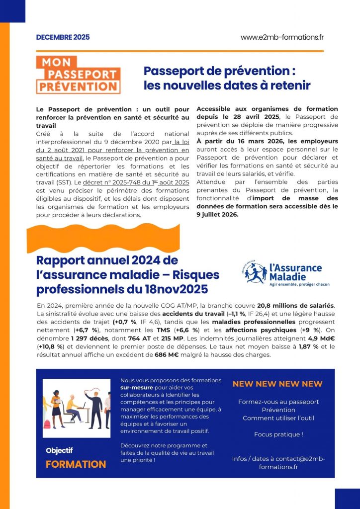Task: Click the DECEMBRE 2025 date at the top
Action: click(x=63, y=37)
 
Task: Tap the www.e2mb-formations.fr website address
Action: click(x=282, y=37)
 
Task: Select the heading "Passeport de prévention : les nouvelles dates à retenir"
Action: click(x=227, y=78)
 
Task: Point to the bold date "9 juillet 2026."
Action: click(x=218, y=215)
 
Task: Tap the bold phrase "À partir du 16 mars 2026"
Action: click(x=239, y=142)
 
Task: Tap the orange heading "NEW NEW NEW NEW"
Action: click(x=277, y=384)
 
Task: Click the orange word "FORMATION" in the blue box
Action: click(x=76, y=464)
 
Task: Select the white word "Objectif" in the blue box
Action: click(x=59, y=450)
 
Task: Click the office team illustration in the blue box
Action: click(x=77, y=408)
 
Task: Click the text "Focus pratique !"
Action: click(x=278, y=434)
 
